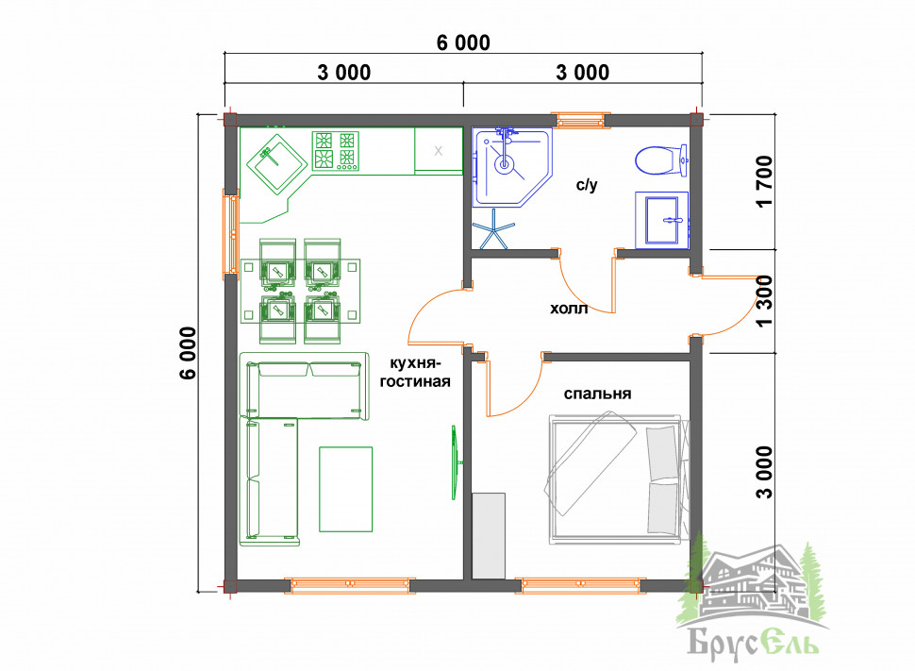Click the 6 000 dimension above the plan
tap(463, 42)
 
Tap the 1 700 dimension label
tap(764, 181)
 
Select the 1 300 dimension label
tap(764, 301)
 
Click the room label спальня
tap(597, 394)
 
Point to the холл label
tap(569, 308)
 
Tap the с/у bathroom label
tap(587, 185)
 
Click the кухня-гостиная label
tap(415, 373)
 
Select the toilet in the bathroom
tap(661, 160)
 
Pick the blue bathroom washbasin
tap(662, 220)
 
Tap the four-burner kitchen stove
tap(336, 151)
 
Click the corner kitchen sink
tap(276, 163)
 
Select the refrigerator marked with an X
tap(439, 151)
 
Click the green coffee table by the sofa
tap(345, 490)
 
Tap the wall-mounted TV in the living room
tap(455, 461)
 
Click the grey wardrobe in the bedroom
tap(489, 536)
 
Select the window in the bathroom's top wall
tap(581, 120)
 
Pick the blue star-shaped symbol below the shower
tap(493, 229)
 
